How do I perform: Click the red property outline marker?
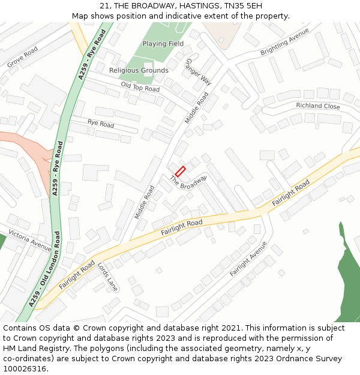pos(180,171)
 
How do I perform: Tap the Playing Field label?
pos(163,44)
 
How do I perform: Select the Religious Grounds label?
pos(139,70)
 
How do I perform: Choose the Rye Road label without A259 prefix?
pos(101,124)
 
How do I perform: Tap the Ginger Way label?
pos(199,72)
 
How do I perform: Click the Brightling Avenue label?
pos(284,46)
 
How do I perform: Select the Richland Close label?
pos(318,106)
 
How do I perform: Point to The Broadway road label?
pos(188,183)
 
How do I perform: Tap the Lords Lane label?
pos(107,273)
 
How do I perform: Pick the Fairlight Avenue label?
pos(248,259)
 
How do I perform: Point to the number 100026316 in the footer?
pos(25,368)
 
